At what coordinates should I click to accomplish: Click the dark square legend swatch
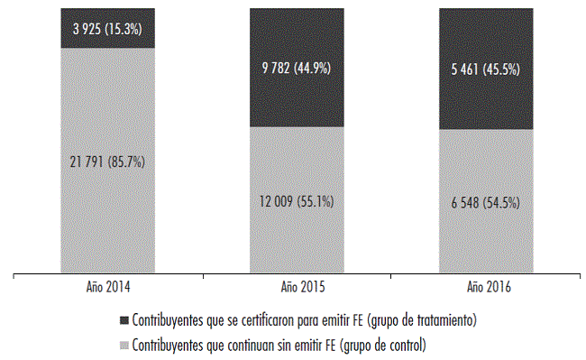click(x=124, y=320)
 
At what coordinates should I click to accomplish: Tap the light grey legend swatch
click(x=124, y=344)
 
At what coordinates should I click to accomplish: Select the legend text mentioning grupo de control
click(x=279, y=344)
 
